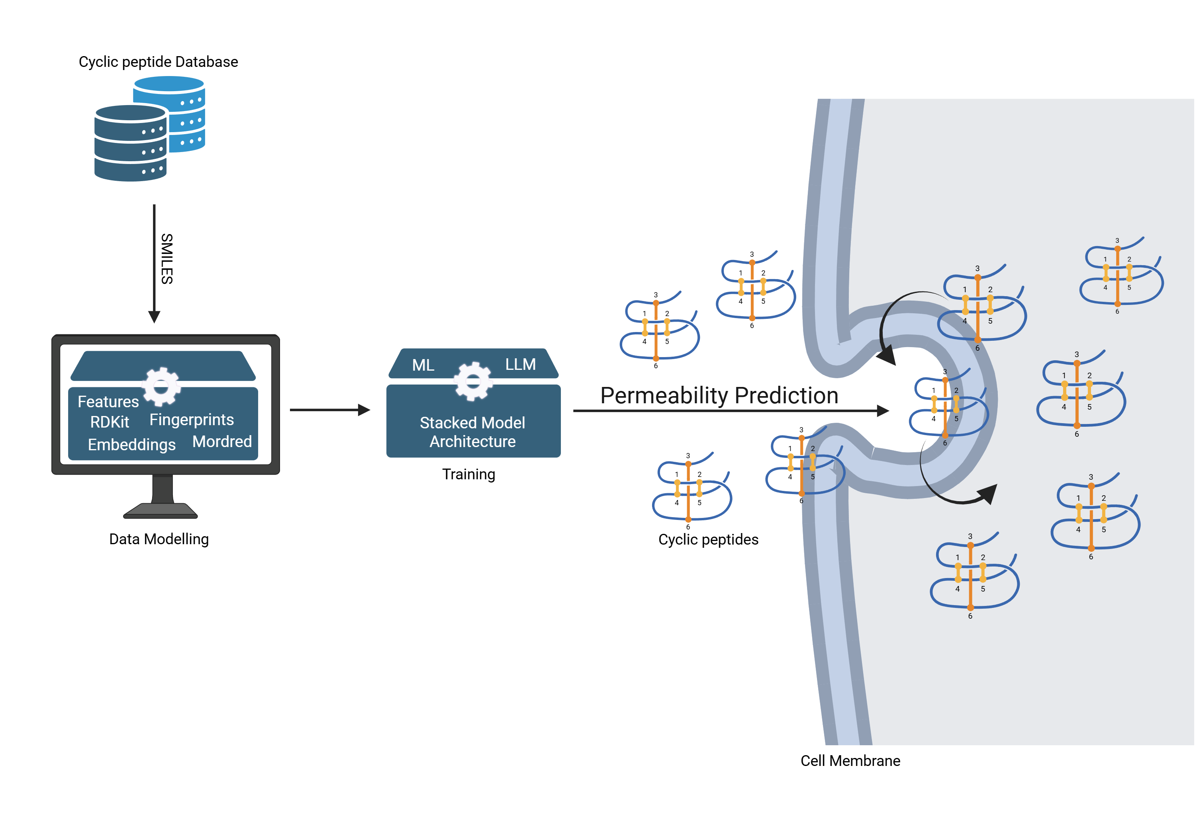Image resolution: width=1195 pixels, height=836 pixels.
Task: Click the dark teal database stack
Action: point(130,143)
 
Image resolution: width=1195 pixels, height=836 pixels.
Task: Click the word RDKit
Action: point(109,422)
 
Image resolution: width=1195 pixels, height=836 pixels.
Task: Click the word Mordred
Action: point(222,441)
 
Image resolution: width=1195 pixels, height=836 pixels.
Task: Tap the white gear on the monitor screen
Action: point(161,387)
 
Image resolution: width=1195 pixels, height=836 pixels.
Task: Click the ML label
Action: point(423,365)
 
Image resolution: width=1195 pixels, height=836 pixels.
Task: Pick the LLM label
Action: point(520,364)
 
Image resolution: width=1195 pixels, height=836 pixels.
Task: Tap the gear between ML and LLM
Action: point(473,381)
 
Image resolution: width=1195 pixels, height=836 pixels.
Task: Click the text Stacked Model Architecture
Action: point(472,432)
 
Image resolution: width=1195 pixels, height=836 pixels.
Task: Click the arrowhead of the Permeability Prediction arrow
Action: point(882,410)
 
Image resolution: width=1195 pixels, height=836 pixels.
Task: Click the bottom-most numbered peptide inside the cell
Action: point(973,575)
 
